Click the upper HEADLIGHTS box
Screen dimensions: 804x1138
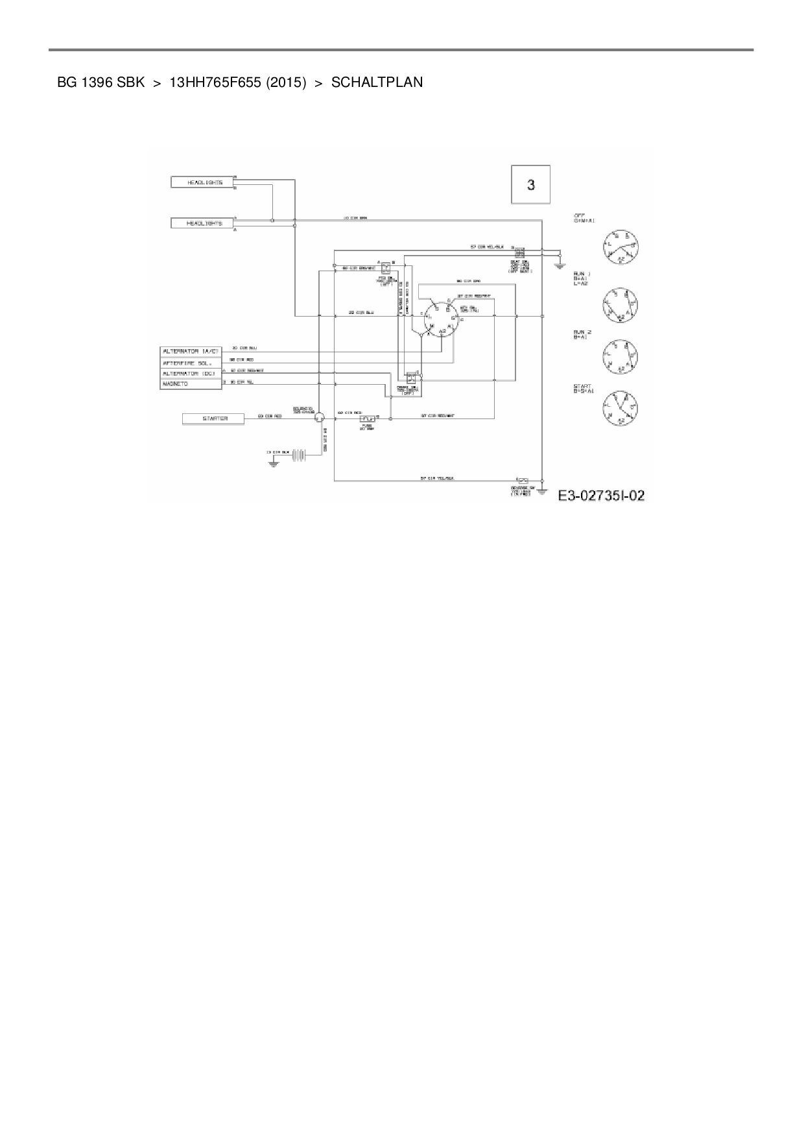tap(205, 182)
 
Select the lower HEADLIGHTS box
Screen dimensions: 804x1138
tap(205, 223)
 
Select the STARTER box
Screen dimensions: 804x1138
tap(215, 419)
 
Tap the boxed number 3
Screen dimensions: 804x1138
tap(531, 185)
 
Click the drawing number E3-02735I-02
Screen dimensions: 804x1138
tap(602, 496)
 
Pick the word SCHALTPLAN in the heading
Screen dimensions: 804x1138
tap(377, 82)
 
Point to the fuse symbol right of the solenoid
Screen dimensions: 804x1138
tap(368, 419)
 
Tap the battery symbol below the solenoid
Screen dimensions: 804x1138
tap(298, 455)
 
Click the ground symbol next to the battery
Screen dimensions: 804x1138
tap(274, 463)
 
